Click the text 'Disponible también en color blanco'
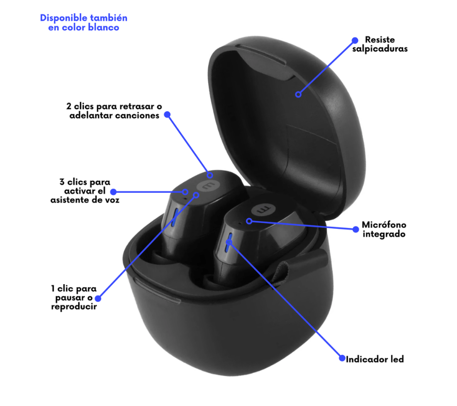point(84,22)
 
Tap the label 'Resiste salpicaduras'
point(380,44)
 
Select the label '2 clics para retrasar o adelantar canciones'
point(114,111)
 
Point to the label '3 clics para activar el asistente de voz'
point(85,191)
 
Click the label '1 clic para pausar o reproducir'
point(74,297)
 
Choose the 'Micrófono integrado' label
point(384,229)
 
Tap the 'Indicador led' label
point(375,359)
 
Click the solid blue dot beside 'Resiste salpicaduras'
point(355,40)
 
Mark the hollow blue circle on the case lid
point(298,94)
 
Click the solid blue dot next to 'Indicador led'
point(342,358)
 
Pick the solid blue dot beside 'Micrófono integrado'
point(355,229)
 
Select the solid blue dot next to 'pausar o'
point(98,298)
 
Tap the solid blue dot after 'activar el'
point(113,192)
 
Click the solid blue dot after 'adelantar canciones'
point(167,115)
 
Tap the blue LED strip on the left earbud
point(175,217)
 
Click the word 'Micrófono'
point(384,224)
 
